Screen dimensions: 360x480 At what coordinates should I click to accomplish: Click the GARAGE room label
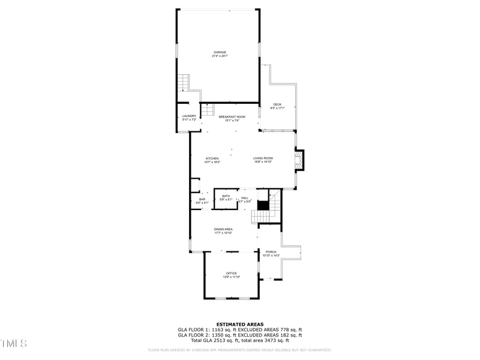220,52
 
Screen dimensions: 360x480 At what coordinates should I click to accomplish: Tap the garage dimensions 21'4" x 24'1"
220,56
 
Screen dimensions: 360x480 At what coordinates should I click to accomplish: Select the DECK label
277,104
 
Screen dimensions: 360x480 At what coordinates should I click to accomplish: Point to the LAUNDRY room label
189,116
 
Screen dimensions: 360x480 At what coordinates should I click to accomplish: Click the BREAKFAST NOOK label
232,117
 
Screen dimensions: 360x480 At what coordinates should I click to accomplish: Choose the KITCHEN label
212,158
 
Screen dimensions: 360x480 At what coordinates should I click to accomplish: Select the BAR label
202,199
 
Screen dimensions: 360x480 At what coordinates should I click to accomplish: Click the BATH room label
226,196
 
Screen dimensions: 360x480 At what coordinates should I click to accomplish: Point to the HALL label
245,198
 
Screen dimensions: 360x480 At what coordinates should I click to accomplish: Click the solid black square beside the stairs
263,205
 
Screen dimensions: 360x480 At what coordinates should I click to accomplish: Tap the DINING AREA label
223,229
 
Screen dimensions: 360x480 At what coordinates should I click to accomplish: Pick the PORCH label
271,252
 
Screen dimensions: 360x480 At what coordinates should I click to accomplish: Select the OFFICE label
231,273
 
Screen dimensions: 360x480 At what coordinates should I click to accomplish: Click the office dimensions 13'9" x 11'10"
231,277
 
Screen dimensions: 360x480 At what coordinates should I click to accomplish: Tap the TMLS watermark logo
14,344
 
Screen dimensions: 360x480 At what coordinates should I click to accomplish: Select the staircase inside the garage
183,82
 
